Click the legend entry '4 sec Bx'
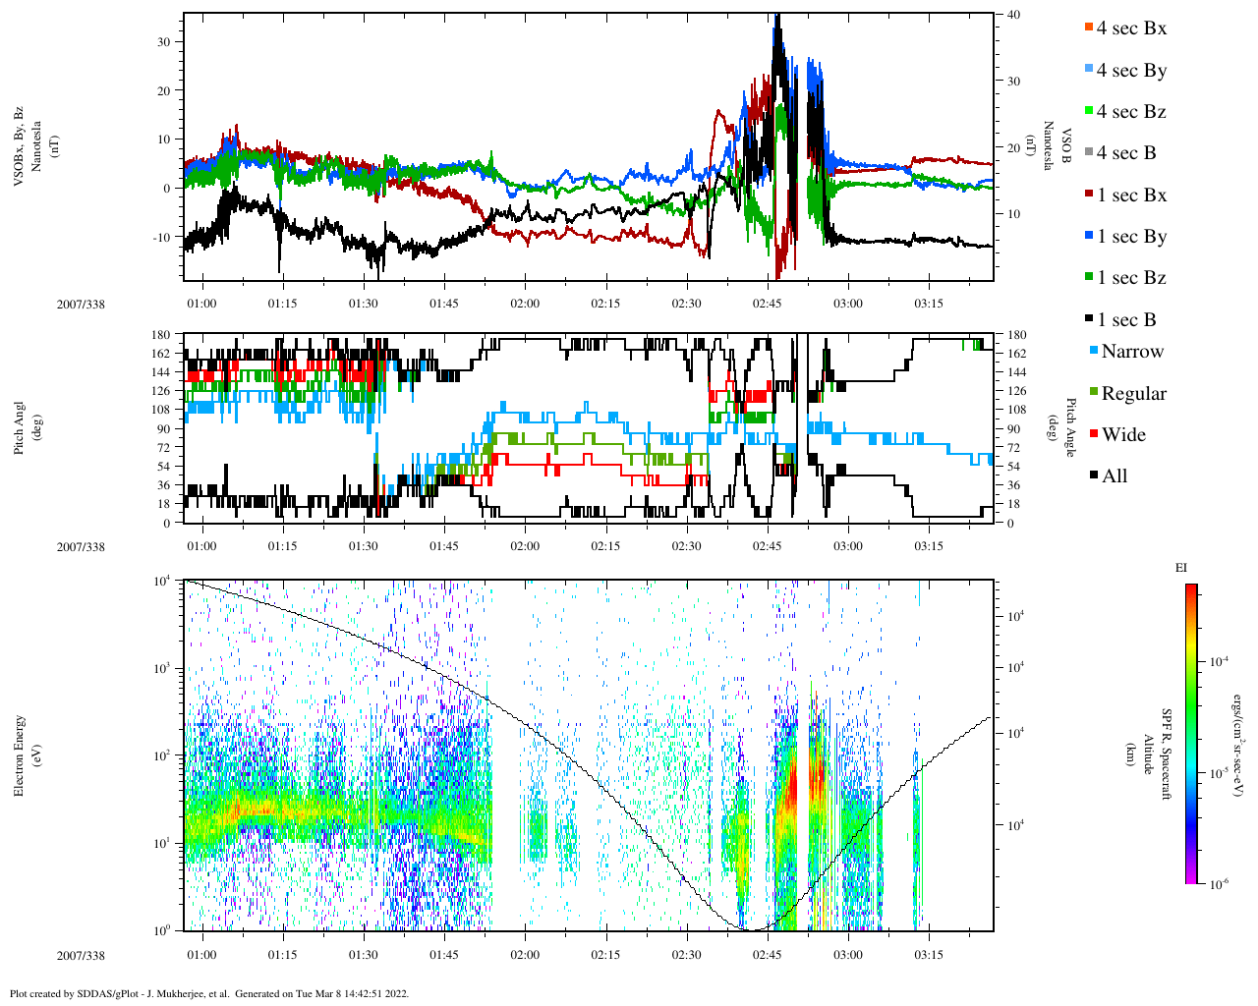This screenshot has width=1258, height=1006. (x=1131, y=28)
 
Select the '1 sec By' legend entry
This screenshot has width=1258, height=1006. (x=1131, y=237)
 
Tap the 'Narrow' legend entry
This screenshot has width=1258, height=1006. (x=1132, y=352)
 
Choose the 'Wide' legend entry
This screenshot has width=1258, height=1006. (x=1124, y=435)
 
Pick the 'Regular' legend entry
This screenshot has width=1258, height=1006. (x=1133, y=394)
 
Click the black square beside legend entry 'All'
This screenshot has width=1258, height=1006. (x=1094, y=476)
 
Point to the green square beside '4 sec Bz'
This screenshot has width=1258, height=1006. (x=1088, y=111)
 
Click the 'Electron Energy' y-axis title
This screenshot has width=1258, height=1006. (x=19, y=754)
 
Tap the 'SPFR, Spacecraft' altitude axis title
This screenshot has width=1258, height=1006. (x=1167, y=754)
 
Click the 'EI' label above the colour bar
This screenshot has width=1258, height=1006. (x=1181, y=568)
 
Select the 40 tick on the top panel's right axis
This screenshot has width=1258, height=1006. (x=1013, y=15)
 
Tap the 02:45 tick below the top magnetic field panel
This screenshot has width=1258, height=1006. (x=768, y=304)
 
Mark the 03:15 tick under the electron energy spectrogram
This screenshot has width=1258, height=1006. (x=929, y=955)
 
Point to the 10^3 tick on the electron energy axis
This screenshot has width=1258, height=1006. (x=162, y=668)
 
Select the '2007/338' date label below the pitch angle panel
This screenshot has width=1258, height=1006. (x=81, y=547)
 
